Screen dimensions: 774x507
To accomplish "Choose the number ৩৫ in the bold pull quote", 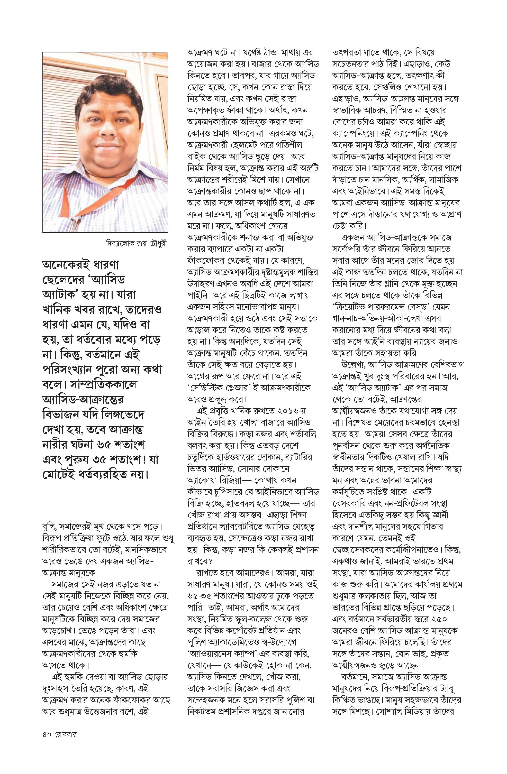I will click(99, 459).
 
